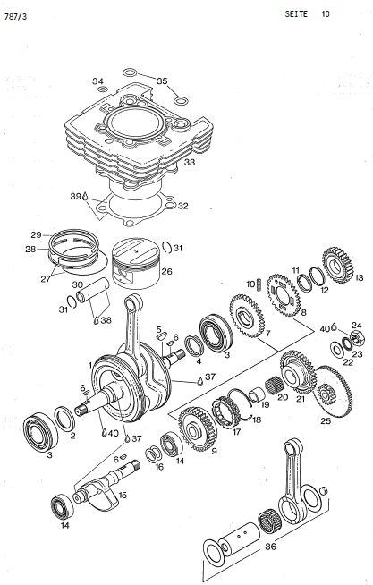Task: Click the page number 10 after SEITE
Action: (326, 14)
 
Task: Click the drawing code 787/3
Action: (16, 17)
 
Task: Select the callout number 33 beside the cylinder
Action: (190, 163)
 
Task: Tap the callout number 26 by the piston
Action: (166, 271)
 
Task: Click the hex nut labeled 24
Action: (358, 338)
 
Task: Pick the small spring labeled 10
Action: (259, 284)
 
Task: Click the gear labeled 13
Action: (337, 266)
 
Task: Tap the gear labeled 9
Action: (198, 428)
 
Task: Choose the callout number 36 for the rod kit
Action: (270, 547)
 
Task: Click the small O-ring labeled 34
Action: (103, 89)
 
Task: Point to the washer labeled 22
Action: (338, 350)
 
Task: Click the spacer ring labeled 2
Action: (64, 419)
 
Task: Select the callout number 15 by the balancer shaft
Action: (123, 496)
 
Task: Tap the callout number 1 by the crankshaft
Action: (90, 365)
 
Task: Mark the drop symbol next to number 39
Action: (85, 196)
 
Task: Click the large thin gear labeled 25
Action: (333, 392)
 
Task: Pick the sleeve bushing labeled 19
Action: (257, 395)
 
